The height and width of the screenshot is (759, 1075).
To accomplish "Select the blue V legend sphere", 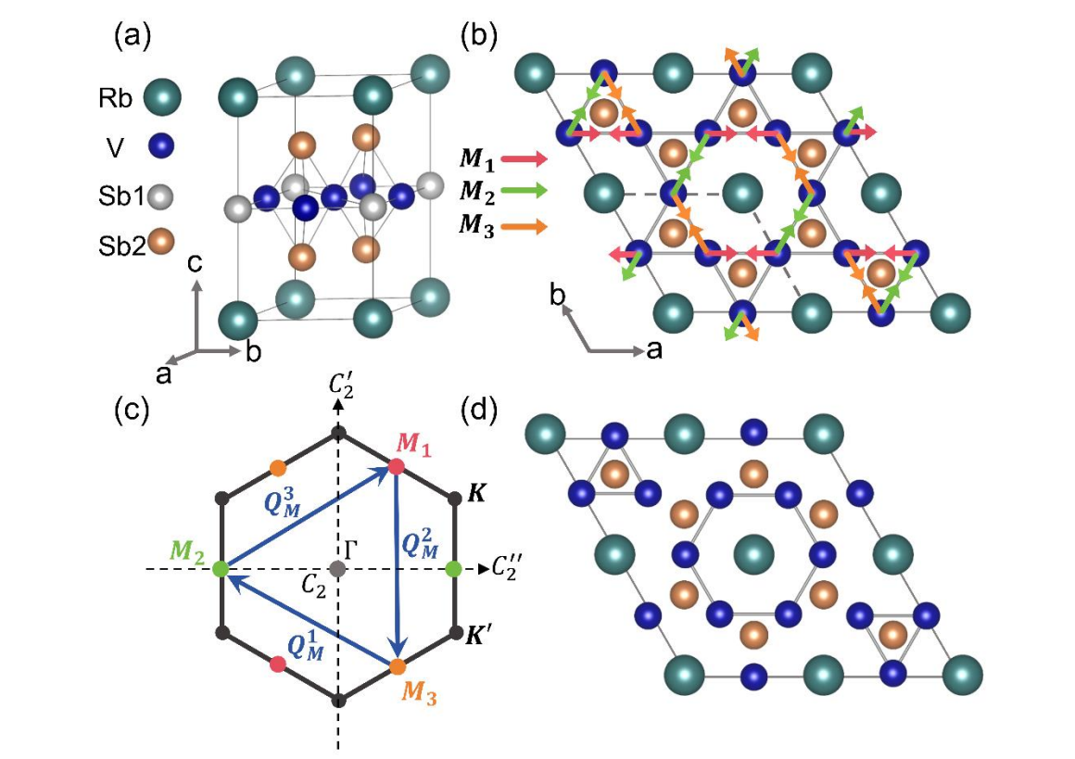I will coord(163,147).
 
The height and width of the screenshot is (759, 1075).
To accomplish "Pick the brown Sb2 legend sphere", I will coord(163,246).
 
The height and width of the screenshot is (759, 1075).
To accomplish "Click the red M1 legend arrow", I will coord(525,159).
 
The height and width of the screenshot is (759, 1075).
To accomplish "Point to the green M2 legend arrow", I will coord(525,192).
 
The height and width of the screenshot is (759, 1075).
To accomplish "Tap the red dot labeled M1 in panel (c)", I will coord(397,466).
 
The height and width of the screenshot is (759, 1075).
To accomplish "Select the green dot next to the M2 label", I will coord(221,569).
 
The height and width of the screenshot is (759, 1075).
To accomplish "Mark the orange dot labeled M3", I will coord(398,665).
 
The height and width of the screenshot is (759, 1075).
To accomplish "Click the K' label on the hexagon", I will coord(480,636).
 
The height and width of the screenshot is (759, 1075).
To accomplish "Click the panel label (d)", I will coord(479,409).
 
